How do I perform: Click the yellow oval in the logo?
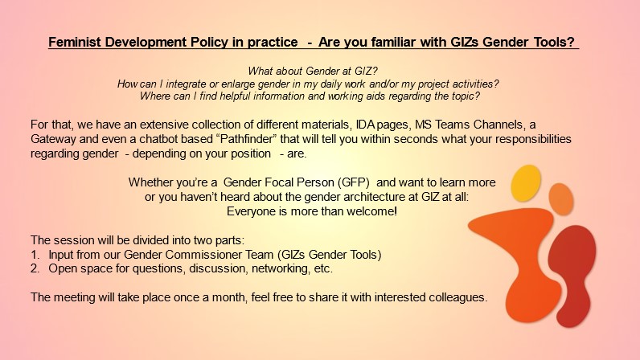coord(526,183)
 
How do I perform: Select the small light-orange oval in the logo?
coord(561,199)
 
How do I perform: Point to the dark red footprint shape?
coord(572,273)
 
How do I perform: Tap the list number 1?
coord(35,255)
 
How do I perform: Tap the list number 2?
coord(35,268)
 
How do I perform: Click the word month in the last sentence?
coord(229,297)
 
